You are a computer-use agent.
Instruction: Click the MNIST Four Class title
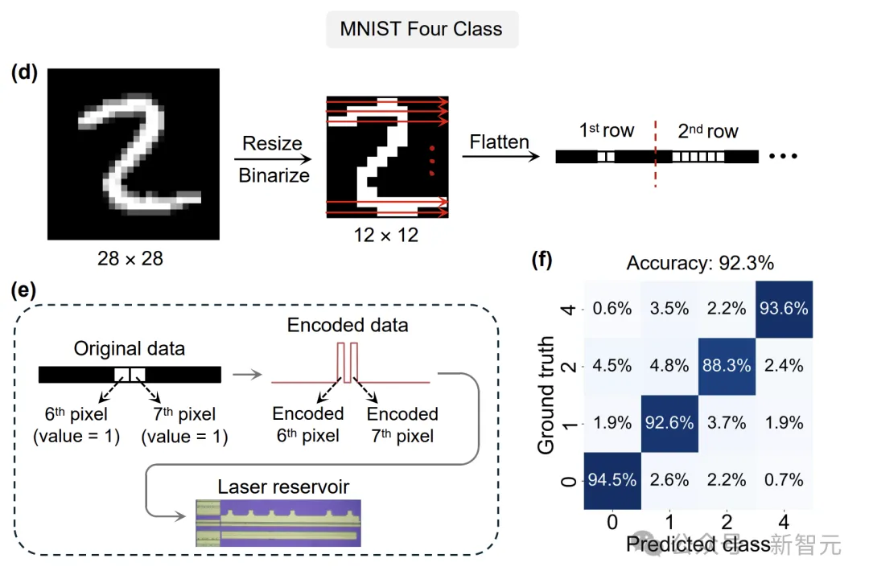421,30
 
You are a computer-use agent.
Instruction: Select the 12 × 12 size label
386,236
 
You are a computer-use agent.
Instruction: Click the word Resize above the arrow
273,144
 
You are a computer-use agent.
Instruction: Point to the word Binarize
273,175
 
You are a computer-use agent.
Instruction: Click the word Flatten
500,143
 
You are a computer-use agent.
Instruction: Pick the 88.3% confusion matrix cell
727,365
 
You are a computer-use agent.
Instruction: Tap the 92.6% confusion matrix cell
669,422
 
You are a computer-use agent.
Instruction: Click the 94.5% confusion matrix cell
612,480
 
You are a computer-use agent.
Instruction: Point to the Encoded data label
348,326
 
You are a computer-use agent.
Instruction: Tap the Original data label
129,349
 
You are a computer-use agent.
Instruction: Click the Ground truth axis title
547,395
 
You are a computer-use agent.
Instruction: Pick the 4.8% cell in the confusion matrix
669,365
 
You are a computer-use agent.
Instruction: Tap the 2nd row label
708,131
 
